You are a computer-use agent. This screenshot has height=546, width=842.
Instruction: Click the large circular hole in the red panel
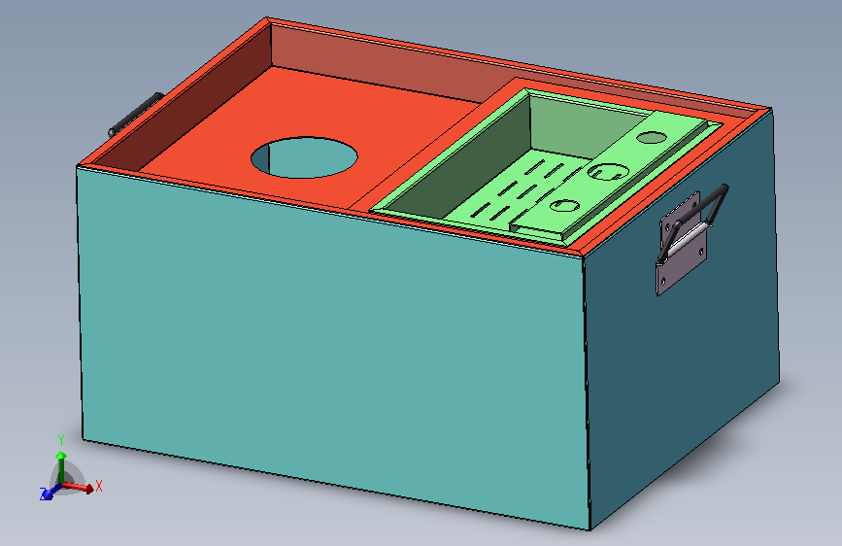pos(304,157)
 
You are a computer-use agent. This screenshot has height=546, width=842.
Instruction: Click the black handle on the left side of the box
pos(135,115)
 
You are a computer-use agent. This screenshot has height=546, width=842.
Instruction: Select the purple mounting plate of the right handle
pos(681,243)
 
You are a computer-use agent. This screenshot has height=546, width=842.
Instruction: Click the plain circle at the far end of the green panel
pos(652,137)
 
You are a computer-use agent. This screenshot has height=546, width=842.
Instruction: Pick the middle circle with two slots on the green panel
pos(608,171)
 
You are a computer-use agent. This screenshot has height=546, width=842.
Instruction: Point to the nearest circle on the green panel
pos(564,205)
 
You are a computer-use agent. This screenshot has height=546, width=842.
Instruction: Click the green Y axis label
pos(60,440)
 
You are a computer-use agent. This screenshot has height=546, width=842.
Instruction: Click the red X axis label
pos(98,487)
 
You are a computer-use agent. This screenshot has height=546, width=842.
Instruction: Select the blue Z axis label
pos(43,494)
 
